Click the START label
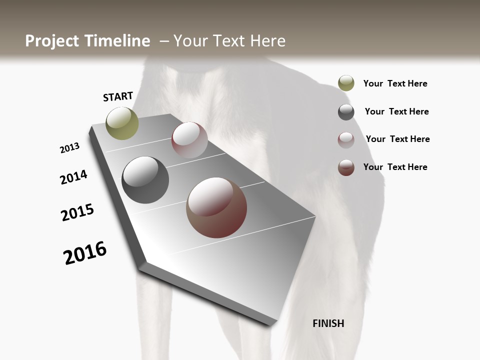[x=118, y=96]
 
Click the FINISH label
[x=328, y=323]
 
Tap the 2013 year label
[x=69, y=148]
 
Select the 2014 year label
[x=73, y=177]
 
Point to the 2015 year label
[x=77, y=212]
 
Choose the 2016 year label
[x=85, y=253]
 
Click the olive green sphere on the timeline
[x=122, y=123]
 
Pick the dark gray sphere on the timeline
[x=145, y=180]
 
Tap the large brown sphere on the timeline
[x=216, y=207]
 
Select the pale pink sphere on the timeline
[x=189, y=139]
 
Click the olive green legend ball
[x=346, y=83]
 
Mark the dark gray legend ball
[x=346, y=112]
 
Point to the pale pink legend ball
[x=346, y=140]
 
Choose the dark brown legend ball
[x=346, y=167]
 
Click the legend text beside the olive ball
[x=395, y=83]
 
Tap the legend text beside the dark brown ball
[x=395, y=167]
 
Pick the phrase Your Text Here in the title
[x=229, y=41]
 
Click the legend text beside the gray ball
[x=396, y=111]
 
